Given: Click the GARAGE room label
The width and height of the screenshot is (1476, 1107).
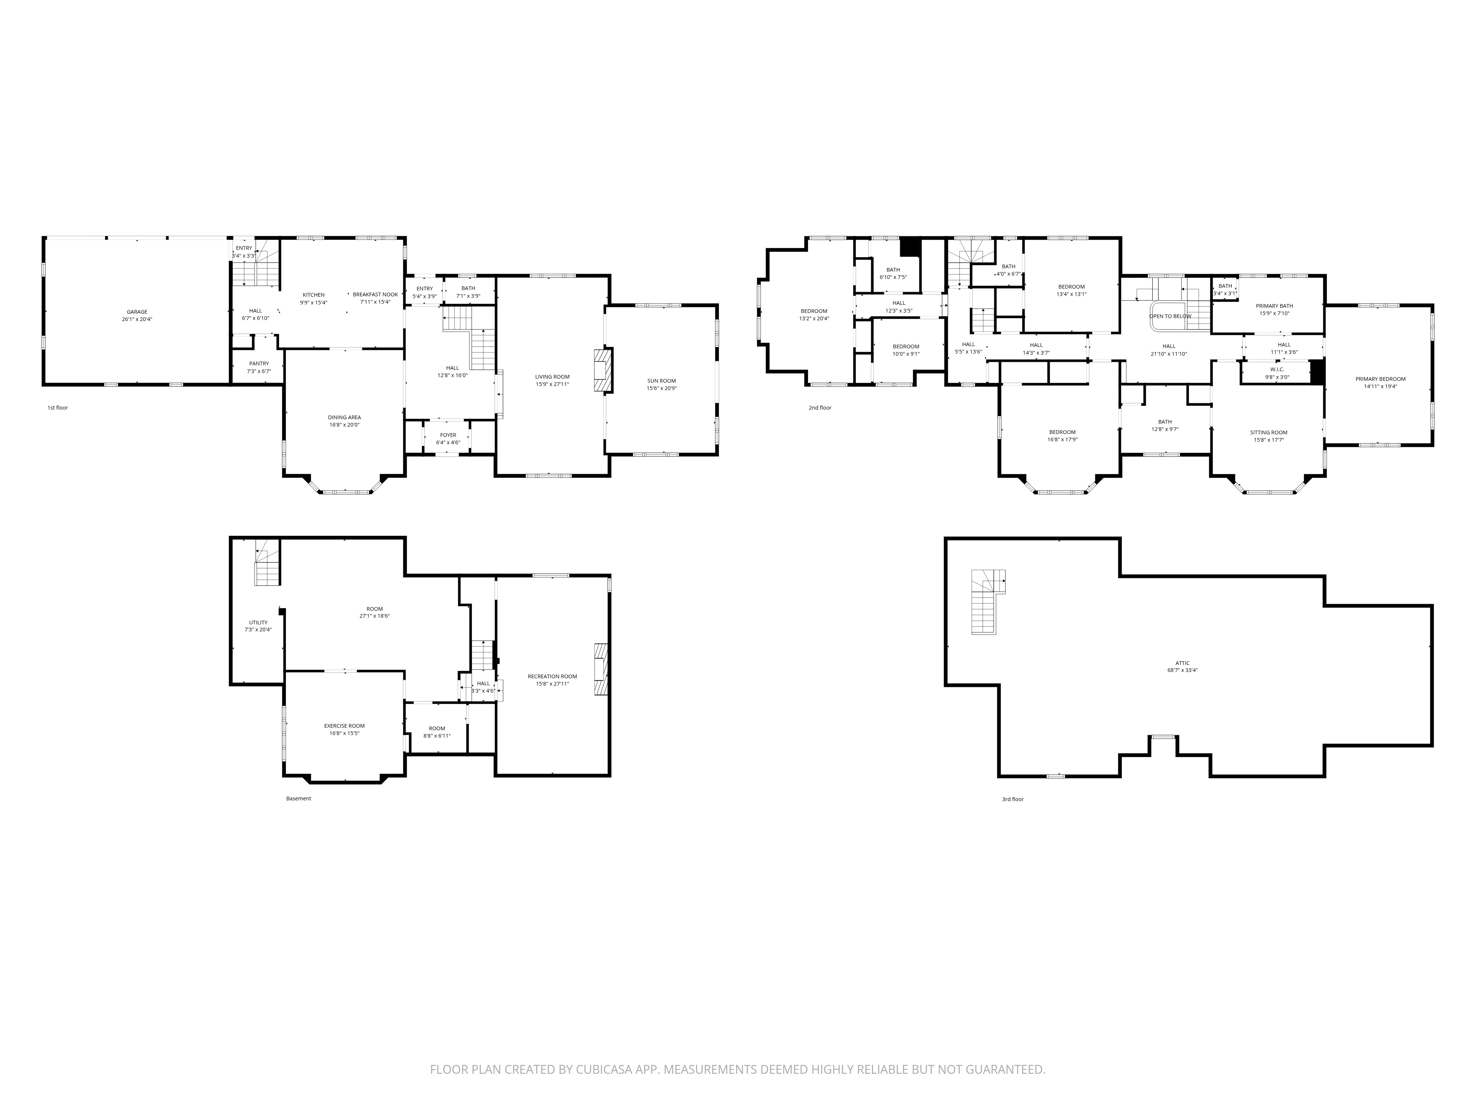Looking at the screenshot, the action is click(138, 311).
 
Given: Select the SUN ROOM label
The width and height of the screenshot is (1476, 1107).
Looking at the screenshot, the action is click(661, 381).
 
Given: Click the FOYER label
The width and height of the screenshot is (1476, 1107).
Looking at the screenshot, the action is click(448, 435).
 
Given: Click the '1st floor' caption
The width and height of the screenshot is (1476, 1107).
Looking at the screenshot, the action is click(58, 408).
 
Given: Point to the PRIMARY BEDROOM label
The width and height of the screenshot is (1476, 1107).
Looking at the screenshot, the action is click(1380, 379).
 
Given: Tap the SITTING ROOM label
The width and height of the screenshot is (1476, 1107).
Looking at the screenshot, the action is click(1269, 432).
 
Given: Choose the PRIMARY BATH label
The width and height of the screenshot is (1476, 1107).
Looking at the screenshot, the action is click(1275, 306).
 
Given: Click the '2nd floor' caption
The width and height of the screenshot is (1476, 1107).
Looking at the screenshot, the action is click(820, 408).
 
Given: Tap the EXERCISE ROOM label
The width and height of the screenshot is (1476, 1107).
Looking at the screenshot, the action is click(344, 726).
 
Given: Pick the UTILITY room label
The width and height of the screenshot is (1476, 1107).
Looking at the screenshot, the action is click(258, 623).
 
